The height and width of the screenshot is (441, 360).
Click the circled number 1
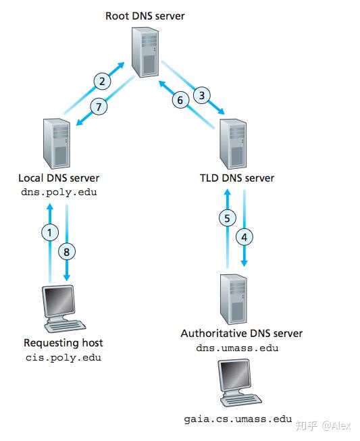[49, 232]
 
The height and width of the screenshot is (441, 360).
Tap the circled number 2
[101, 82]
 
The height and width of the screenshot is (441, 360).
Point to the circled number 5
[228, 217]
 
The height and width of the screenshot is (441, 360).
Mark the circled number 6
[180, 100]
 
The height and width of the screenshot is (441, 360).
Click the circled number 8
[66, 251]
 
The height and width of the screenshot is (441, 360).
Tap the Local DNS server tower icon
[57, 143]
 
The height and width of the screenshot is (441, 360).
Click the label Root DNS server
[145, 16]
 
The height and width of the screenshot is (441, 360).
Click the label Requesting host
[63, 342]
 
